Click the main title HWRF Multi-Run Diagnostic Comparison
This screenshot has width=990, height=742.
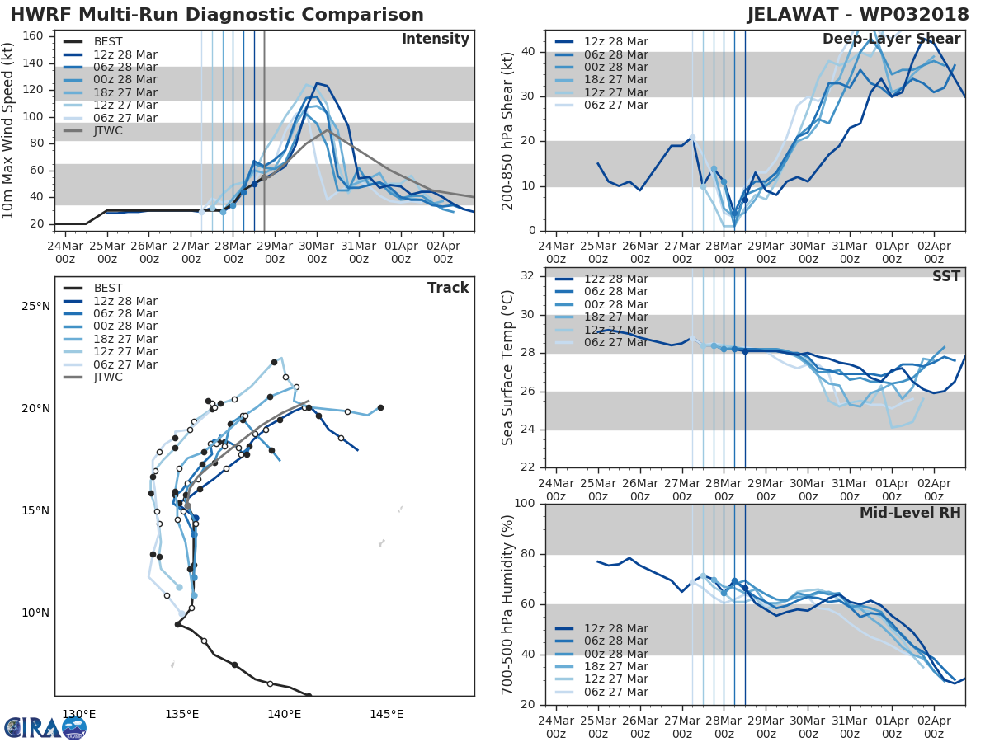pos(217,15)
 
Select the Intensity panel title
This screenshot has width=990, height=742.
pos(435,40)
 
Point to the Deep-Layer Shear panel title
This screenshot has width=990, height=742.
pos(891,40)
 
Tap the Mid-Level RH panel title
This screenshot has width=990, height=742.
pos(910,514)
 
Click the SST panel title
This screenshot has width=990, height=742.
pos(945,276)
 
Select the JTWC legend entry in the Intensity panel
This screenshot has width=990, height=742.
pos(107,131)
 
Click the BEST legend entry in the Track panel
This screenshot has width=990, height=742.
pos(108,288)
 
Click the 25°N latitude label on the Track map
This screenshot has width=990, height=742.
pos(35,307)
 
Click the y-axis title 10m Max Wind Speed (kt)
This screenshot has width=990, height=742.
pos(9,130)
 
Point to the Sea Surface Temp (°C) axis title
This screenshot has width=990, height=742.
pos(508,368)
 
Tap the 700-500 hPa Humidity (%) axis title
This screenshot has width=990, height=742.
pos(508,604)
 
